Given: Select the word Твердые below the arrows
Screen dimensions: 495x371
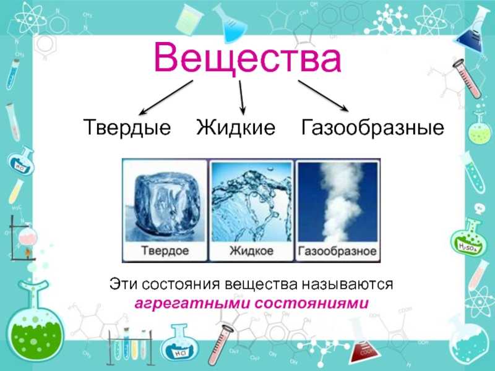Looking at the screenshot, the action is tap(127, 127).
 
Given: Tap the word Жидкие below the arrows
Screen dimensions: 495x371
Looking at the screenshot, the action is tap(236, 127).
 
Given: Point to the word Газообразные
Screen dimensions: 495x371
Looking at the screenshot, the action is tap(372, 127).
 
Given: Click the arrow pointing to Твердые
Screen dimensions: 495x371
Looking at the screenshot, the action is tap(166, 97).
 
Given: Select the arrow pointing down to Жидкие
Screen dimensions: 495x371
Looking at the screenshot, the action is tap(241, 97).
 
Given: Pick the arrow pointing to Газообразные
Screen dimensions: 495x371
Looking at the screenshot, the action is tap(324, 96).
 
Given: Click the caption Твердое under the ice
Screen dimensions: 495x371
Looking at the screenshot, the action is tap(165, 250).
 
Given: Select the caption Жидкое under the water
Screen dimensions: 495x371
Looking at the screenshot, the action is tap(251, 251).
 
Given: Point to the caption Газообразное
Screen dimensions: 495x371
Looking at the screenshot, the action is tap(337, 251).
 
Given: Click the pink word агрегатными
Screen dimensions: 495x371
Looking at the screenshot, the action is tap(192, 304).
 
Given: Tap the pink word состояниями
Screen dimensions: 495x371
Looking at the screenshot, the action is tap(312, 303).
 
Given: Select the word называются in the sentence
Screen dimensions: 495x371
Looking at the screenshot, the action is tap(347, 284).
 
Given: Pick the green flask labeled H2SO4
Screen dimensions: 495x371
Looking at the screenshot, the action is tap(467, 237).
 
